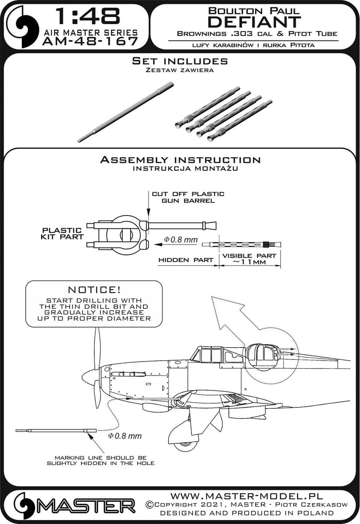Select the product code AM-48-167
[90, 41]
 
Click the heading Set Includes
[180, 61]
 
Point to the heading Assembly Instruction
[180, 160]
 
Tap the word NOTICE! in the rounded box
[93, 290]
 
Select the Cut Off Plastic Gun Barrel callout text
[188, 197]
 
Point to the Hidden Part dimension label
[186, 259]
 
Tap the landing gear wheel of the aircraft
[184, 445]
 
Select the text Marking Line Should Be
[100, 457]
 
